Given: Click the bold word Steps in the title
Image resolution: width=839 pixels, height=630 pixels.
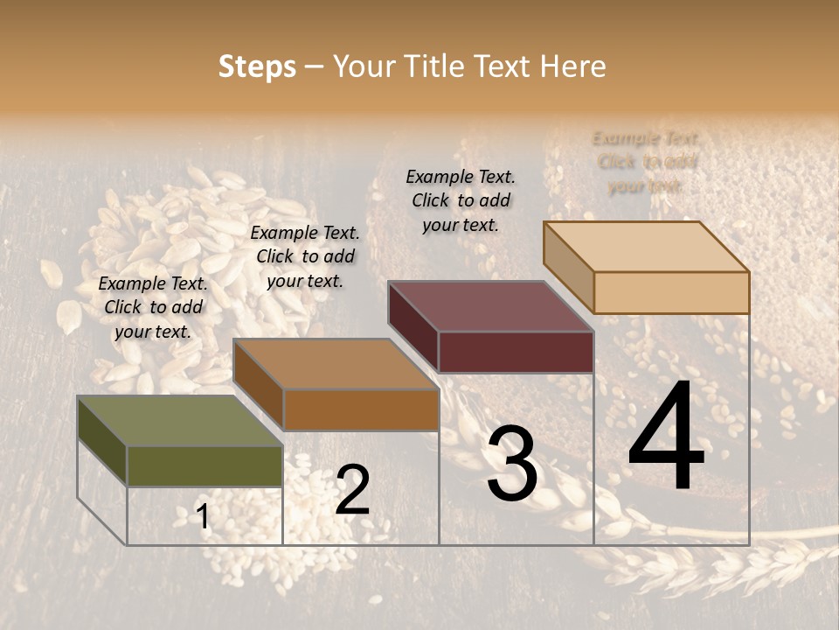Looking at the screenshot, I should [x=257, y=66].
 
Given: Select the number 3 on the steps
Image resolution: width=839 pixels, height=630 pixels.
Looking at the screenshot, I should [x=512, y=464].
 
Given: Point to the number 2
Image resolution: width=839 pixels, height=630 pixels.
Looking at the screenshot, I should [x=352, y=490].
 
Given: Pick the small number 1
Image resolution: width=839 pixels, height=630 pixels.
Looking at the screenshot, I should [x=203, y=517].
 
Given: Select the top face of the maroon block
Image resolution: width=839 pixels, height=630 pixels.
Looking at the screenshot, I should [x=490, y=306].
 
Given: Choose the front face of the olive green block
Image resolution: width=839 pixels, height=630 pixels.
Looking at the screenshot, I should [x=205, y=466].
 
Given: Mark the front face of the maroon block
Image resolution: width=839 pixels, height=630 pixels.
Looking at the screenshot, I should [x=516, y=352].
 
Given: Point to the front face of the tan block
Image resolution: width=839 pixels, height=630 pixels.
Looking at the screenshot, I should [x=671, y=292].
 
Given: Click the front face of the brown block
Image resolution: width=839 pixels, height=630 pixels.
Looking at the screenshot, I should [x=360, y=409].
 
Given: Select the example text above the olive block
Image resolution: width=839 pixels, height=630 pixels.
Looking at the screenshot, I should [x=153, y=307].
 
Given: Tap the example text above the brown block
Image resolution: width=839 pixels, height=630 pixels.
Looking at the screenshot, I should [x=305, y=256].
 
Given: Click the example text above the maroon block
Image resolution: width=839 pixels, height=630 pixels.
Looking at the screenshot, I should [x=461, y=200].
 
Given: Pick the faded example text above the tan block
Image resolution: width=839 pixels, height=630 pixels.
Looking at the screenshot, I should [x=647, y=162].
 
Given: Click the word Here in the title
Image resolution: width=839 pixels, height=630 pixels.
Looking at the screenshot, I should [x=573, y=66].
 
